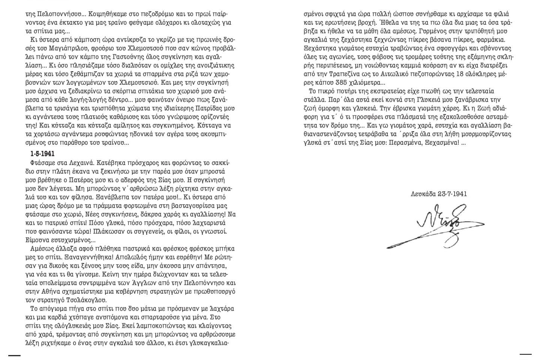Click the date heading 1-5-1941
[x=42, y=154]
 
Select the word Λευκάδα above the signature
[x=423, y=194]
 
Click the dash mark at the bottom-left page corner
[x=14, y=355]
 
